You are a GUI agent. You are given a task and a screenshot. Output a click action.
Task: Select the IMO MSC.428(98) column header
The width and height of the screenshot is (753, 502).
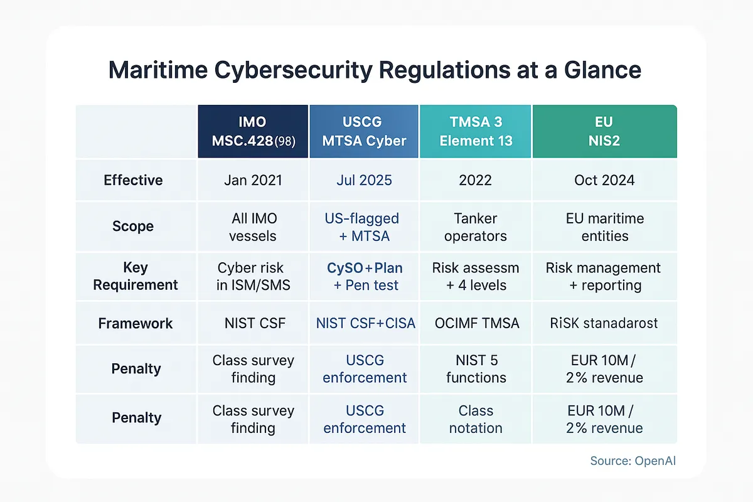coord(253,132)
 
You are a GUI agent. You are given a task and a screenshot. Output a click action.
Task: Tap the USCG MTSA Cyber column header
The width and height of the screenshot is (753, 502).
coord(365,132)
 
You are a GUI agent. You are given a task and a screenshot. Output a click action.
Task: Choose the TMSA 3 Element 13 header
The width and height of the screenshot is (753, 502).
coord(476,132)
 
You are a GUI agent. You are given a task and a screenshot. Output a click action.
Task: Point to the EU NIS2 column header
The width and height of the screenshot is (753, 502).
coord(604,132)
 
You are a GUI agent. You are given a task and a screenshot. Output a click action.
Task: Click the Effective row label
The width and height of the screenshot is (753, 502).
coord(133,180)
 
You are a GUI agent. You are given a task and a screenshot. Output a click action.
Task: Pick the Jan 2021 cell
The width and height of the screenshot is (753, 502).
coord(253,180)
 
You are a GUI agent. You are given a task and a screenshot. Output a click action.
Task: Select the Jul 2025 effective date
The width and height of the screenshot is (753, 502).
coord(364,180)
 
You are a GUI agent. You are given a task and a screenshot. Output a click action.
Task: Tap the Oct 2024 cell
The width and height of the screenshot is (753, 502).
coord(604,180)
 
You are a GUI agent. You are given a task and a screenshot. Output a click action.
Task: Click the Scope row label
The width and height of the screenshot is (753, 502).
coord(133,227)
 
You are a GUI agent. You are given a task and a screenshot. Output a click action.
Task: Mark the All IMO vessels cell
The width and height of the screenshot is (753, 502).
coord(253,227)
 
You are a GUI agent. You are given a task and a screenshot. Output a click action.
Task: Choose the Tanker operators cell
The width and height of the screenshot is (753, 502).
coord(476,227)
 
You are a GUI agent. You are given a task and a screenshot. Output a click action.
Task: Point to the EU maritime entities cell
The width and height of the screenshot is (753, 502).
coord(604,227)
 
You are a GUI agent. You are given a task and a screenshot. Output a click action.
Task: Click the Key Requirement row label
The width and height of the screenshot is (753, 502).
coord(136,276)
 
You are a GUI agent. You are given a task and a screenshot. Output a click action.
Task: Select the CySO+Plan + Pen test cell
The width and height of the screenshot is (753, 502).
coord(365,276)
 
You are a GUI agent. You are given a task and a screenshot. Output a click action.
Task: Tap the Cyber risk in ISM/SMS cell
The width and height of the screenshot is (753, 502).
coord(253,276)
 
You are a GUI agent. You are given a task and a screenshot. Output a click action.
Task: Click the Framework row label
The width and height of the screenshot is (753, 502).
coord(136,323)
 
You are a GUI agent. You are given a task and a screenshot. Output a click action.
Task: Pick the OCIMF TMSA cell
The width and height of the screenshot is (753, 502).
coord(476,323)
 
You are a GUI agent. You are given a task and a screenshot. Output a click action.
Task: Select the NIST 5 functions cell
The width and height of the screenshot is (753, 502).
coord(476,369)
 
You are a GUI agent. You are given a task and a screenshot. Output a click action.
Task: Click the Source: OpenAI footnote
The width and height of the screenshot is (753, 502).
coord(633,461)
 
